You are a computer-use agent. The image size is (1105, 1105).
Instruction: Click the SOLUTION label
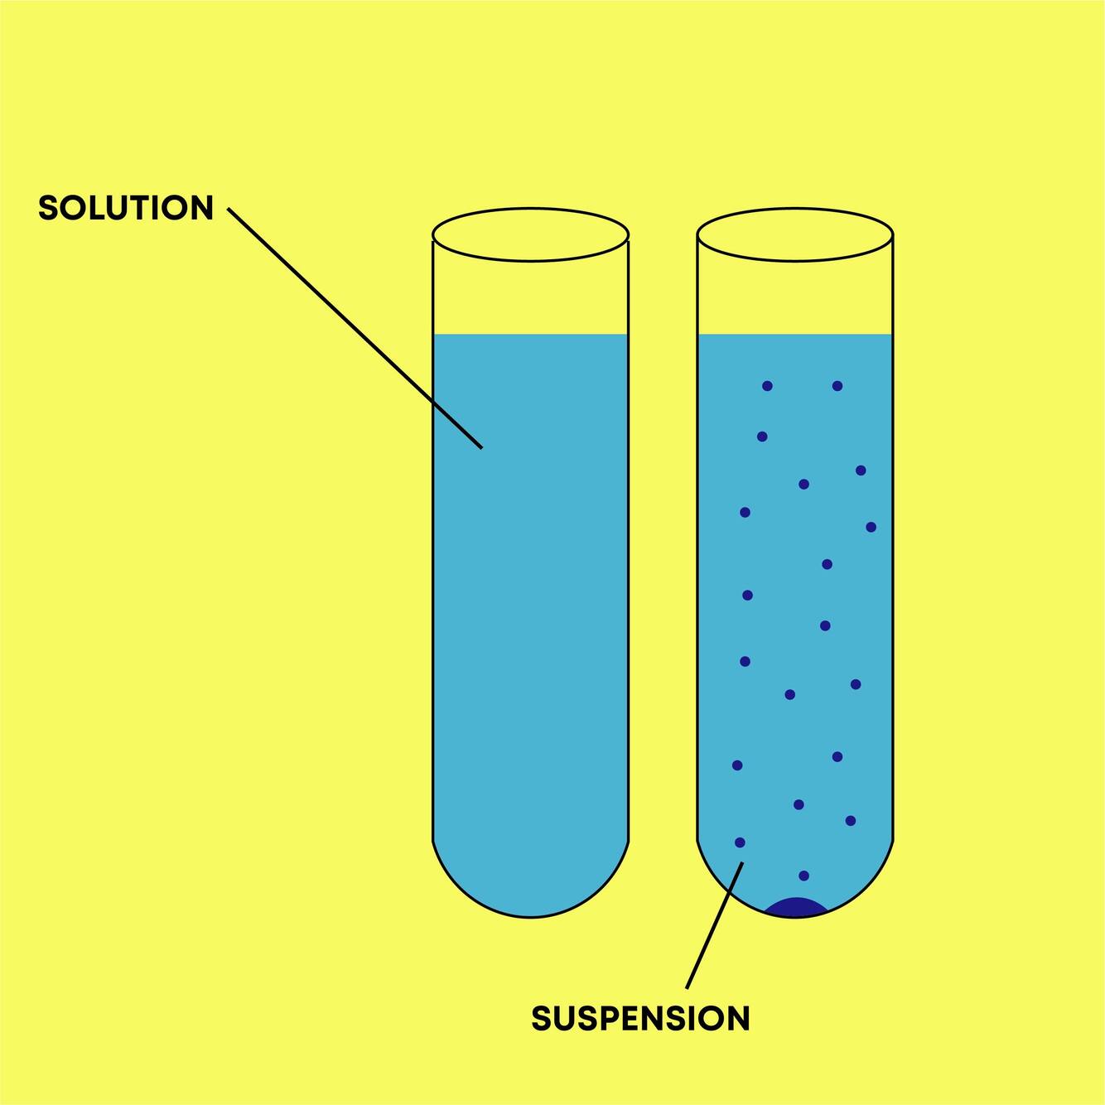click(126, 208)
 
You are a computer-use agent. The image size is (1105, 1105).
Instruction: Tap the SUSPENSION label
click(640, 1018)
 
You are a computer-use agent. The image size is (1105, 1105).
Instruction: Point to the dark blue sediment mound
click(795, 908)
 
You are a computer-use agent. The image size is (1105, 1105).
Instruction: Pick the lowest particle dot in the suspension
click(803, 876)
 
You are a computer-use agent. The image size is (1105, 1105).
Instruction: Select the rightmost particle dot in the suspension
click(871, 527)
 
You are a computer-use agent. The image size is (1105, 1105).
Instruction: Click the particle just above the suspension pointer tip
click(740, 842)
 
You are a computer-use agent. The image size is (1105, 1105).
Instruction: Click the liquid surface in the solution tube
click(530, 335)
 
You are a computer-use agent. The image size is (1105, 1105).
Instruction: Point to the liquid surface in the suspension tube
click(795, 335)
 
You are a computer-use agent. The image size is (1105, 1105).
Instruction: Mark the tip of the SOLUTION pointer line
click(481, 448)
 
